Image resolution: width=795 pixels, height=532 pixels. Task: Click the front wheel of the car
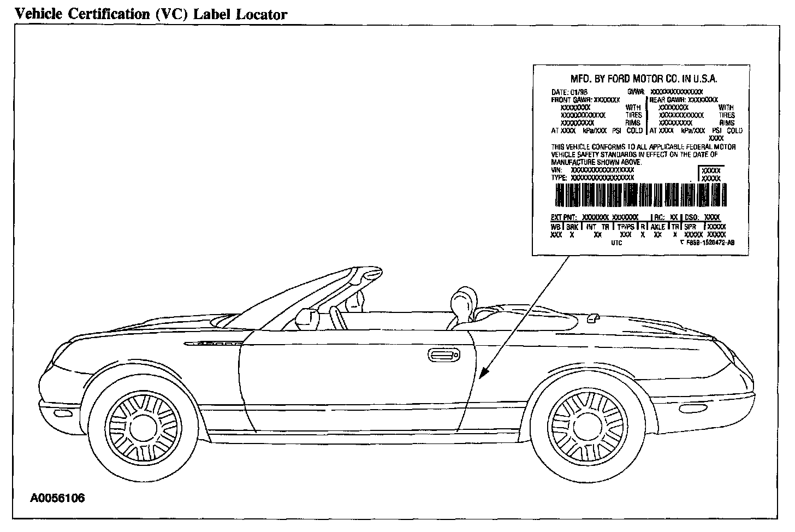point(143,425)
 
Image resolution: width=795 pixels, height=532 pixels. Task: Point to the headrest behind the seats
point(461,301)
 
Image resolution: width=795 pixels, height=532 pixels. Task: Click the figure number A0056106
point(57,498)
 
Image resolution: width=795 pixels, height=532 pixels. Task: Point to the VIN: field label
point(557,170)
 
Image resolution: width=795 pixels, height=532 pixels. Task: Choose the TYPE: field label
point(559,178)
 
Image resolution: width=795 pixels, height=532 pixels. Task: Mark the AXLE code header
point(657,226)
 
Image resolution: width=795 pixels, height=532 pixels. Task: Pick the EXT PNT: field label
point(563,217)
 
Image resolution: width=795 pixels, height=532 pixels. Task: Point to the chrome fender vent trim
point(215,344)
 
